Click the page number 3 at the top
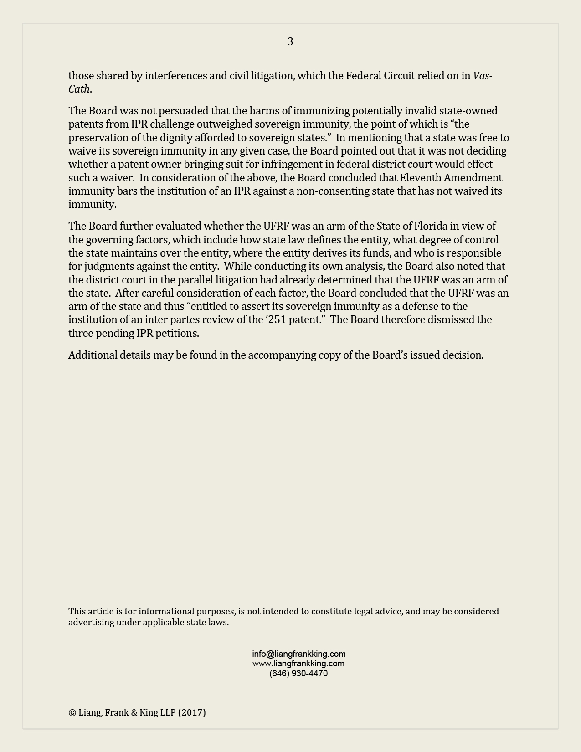click(x=290, y=42)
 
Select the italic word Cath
click(x=79, y=89)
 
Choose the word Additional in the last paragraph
click(x=93, y=355)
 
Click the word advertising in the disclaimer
click(x=91, y=622)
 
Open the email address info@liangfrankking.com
click(x=298, y=654)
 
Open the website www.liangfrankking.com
click(x=298, y=664)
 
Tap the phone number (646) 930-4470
click(x=298, y=673)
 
